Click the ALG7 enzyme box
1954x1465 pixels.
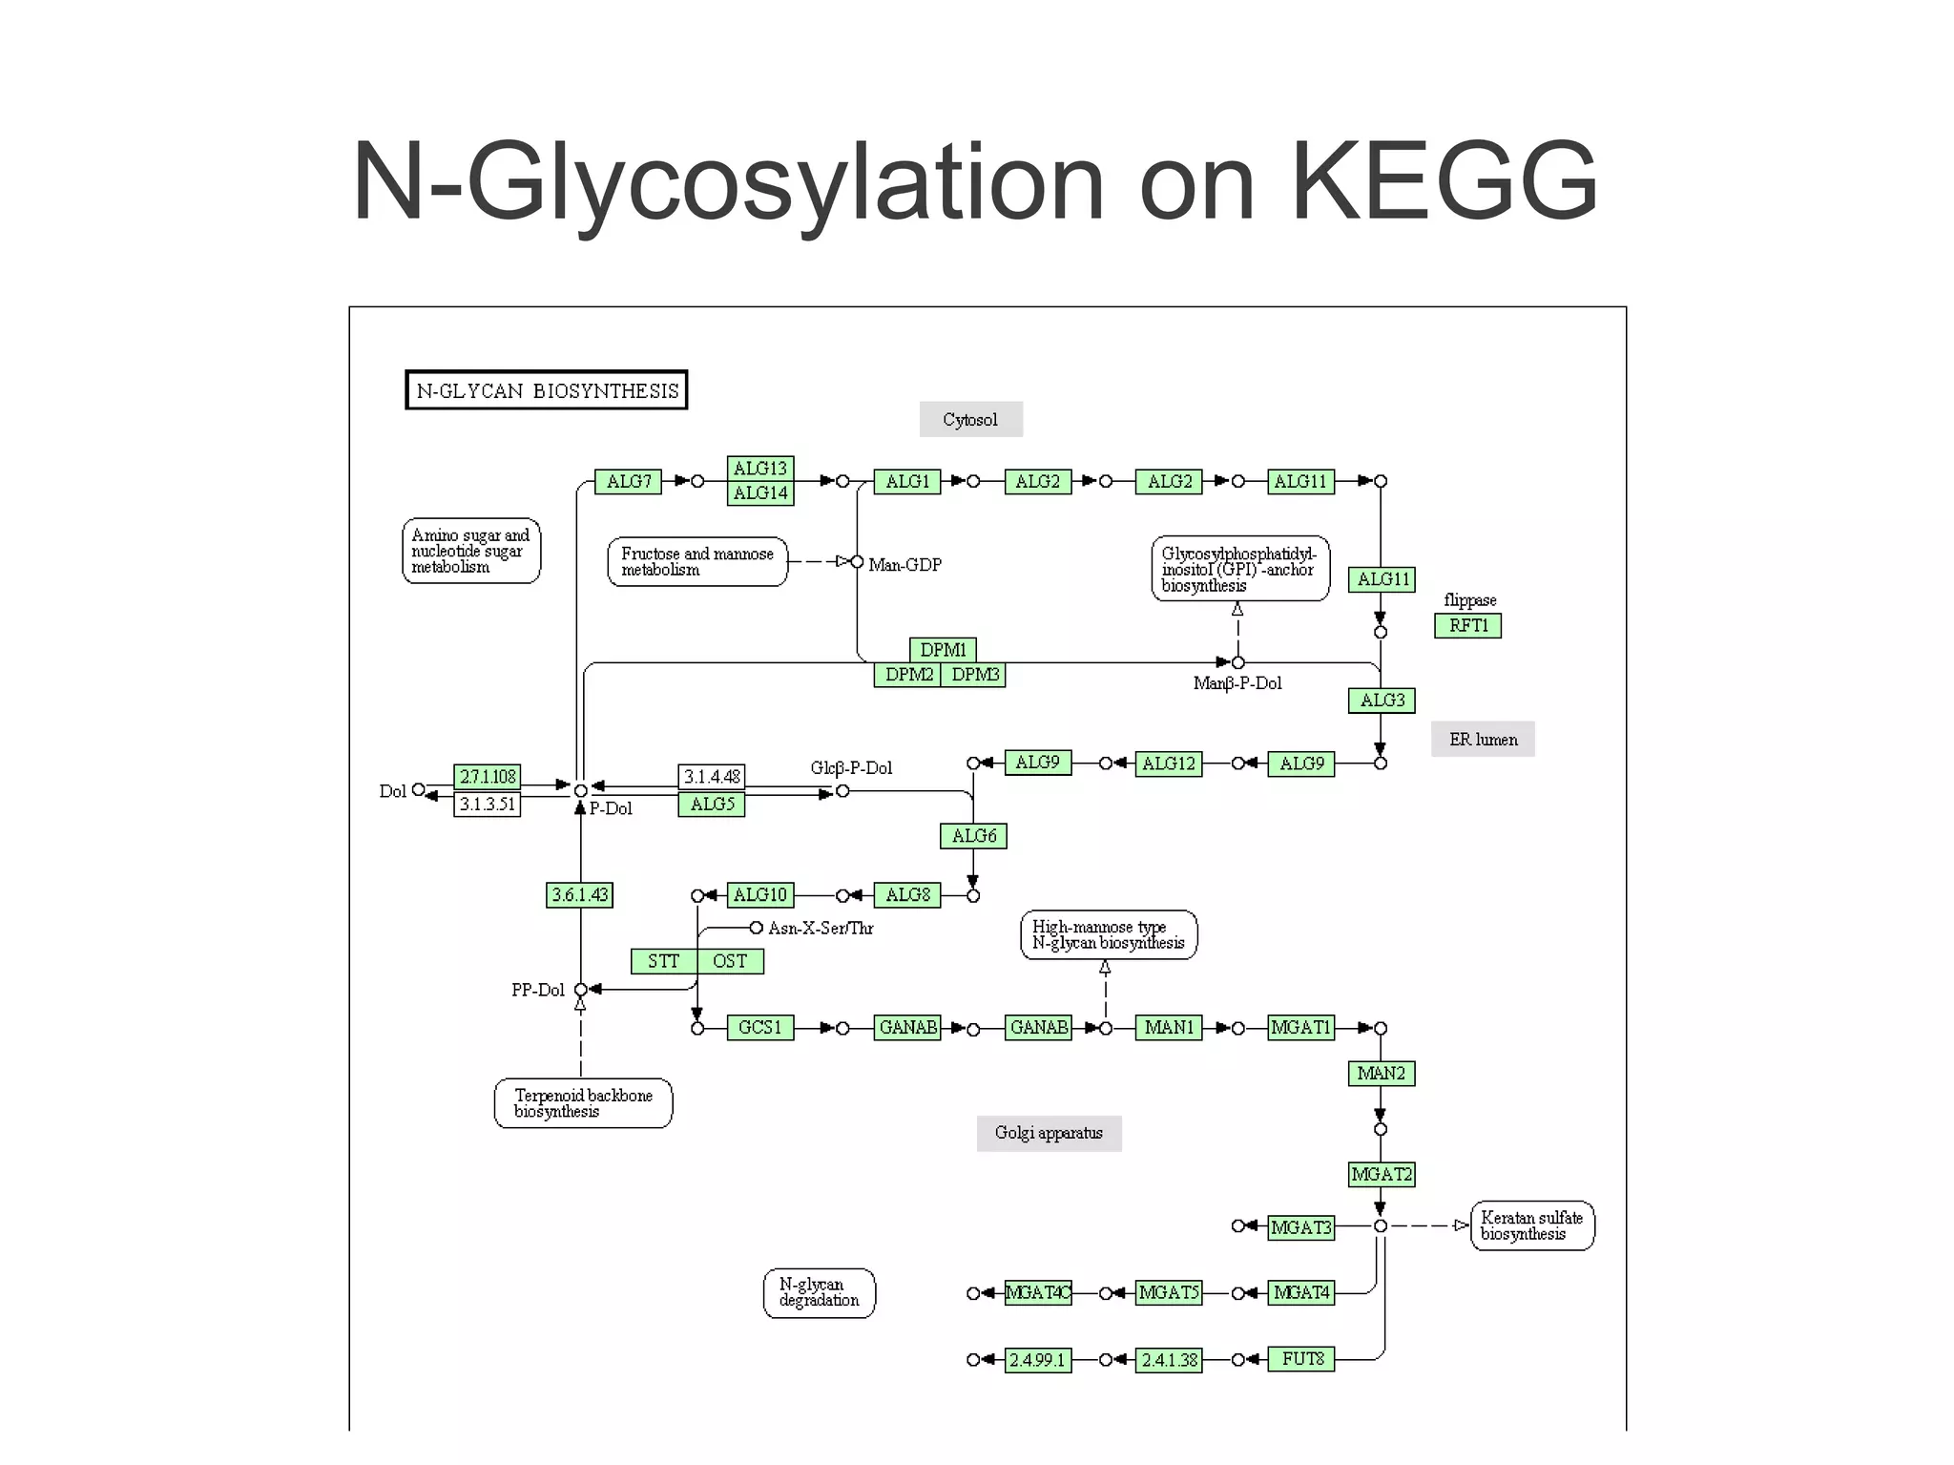tap(628, 481)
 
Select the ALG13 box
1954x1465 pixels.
tap(759, 468)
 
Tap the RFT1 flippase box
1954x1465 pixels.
tap(1467, 625)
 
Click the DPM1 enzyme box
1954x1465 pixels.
tap(943, 649)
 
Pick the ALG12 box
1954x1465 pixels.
tap(1168, 764)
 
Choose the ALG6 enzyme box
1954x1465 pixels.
tap(973, 836)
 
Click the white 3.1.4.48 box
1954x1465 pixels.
tap(712, 776)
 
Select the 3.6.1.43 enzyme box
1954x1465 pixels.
tap(579, 894)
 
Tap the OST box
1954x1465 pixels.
tap(730, 961)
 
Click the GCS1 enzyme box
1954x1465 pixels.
tap(759, 1028)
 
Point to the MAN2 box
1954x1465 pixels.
tap(1381, 1073)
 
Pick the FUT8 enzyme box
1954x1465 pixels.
tap(1301, 1359)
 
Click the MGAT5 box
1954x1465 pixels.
tap(1168, 1292)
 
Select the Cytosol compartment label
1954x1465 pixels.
tap(970, 419)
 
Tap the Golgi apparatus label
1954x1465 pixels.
tap(1049, 1133)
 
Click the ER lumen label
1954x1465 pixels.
tap(1483, 739)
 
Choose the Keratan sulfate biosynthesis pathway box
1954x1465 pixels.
tap(1531, 1225)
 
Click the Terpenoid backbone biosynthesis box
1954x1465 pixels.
tap(583, 1103)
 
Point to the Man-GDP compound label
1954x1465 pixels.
tap(904, 565)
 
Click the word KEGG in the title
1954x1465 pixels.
tap(1444, 181)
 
